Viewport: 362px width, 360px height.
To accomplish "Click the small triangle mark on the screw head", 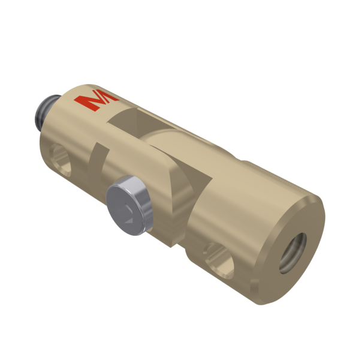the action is tap(129, 220).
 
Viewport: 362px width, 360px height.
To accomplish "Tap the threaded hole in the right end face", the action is tap(292, 253).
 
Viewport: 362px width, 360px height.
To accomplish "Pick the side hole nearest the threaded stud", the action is tap(61, 160).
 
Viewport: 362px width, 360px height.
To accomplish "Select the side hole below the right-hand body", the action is tap(218, 260).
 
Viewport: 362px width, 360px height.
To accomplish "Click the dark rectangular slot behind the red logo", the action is tap(138, 122).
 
